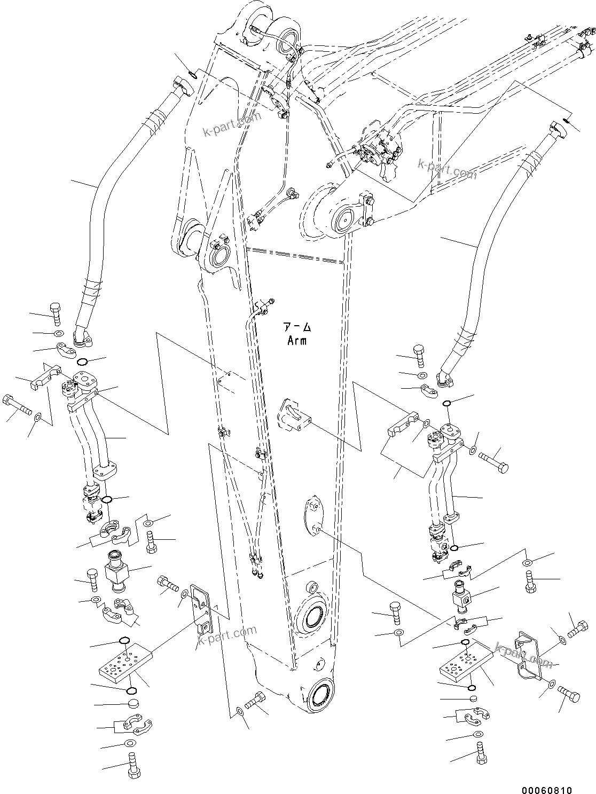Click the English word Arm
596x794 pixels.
click(x=296, y=340)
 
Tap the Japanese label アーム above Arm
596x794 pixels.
click(x=296, y=326)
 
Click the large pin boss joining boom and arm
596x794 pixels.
click(x=343, y=218)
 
